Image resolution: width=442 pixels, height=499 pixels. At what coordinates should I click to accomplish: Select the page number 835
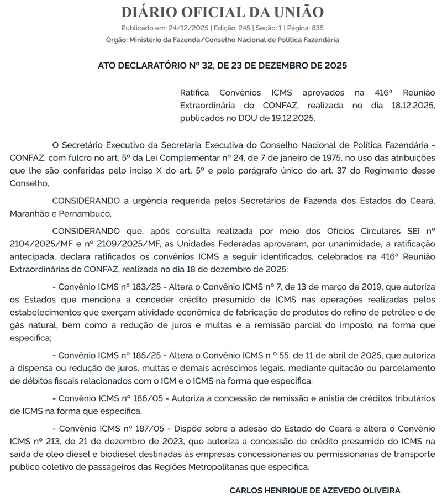(317, 28)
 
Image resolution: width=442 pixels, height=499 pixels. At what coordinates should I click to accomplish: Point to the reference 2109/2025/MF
(115, 243)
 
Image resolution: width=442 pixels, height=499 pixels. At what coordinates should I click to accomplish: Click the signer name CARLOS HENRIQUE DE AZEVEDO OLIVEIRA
(314, 490)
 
